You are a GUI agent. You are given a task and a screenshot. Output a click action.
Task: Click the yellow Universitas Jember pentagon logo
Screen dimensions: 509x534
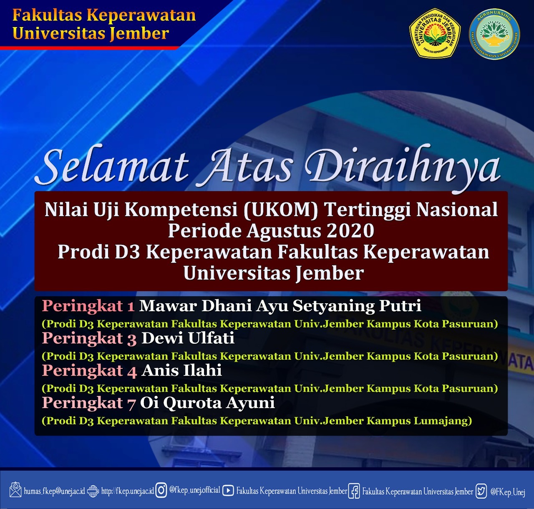pos(435,33)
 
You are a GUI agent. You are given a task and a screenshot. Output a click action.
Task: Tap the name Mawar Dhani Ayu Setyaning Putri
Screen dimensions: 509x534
pos(280,306)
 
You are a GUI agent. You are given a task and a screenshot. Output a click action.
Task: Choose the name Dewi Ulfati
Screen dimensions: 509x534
pos(188,338)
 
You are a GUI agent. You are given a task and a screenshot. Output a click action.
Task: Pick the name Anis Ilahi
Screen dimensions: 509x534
pos(182,370)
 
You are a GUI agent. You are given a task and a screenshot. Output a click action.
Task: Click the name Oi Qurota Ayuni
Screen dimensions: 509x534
pos(207,403)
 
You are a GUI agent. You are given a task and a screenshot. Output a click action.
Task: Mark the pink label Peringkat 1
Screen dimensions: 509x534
pos(88,306)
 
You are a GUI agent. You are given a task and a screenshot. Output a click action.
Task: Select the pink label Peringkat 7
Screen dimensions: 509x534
pos(88,403)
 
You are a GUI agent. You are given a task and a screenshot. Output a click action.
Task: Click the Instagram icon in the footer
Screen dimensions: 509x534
pos(161,490)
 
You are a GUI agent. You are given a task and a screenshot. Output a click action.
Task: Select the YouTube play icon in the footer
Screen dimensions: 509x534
pos(228,490)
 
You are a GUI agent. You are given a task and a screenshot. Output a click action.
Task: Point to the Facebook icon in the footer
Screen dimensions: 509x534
pos(354,491)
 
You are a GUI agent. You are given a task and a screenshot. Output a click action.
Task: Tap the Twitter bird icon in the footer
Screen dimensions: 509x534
pos(481,491)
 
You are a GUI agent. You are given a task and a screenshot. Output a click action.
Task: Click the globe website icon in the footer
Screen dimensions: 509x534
pos(93,490)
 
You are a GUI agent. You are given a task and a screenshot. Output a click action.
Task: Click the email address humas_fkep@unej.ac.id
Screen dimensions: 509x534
pos(54,491)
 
